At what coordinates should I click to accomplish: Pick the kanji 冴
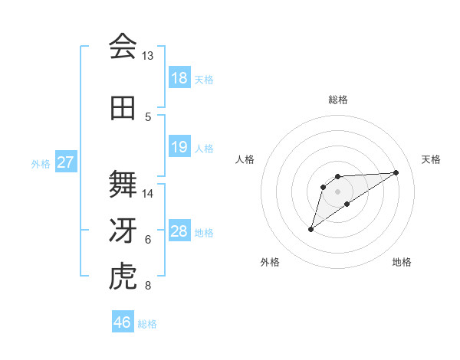123,231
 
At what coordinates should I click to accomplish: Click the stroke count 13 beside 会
148,56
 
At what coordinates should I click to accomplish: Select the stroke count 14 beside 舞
148,194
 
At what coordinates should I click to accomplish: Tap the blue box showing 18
179,78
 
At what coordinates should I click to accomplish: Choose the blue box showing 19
179,147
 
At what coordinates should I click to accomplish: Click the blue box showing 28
179,231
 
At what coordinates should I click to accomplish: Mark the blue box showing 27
66,162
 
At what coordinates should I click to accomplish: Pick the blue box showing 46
123,322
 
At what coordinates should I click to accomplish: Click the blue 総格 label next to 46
147,324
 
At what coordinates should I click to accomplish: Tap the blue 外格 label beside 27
41,163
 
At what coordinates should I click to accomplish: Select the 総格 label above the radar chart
337,100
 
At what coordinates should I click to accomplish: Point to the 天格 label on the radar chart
431,159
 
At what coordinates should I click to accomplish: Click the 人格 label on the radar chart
245,159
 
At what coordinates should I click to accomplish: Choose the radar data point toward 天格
396,172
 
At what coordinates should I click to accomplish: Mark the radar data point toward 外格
310,229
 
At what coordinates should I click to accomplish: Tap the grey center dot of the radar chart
337,191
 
